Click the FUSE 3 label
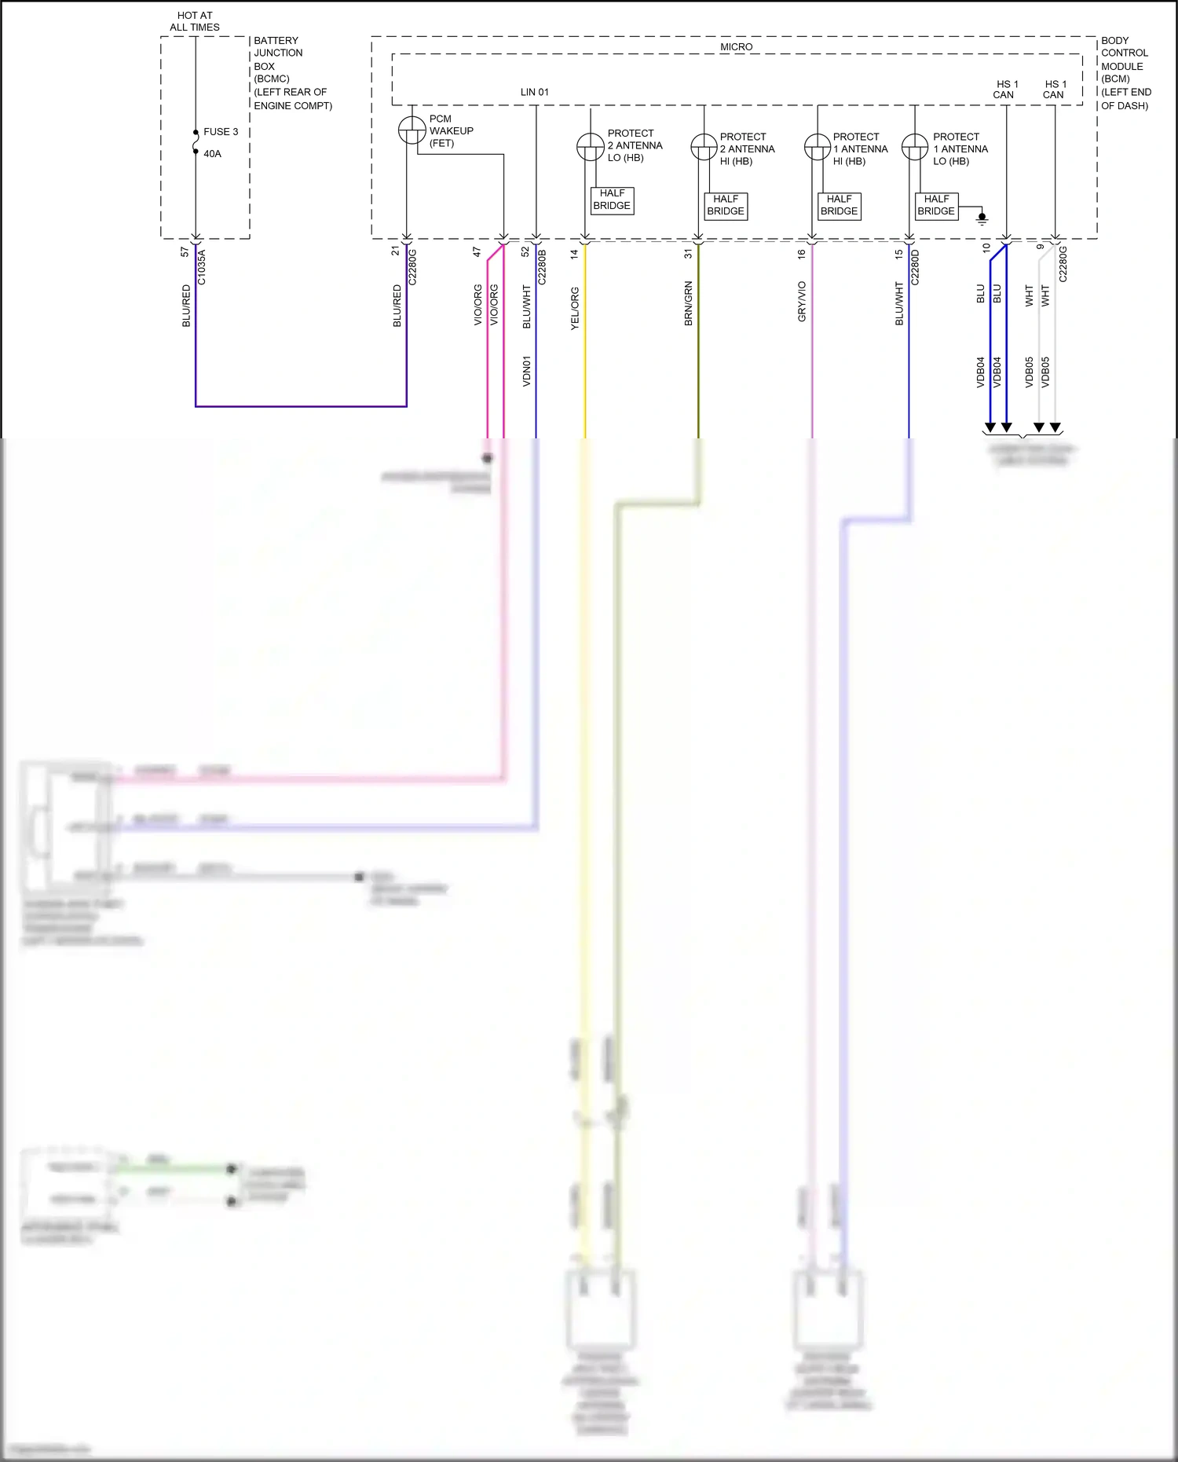pyautogui.click(x=221, y=132)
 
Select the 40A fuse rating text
pyautogui.click(x=212, y=154)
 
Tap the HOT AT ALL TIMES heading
pyautogui.click(x=195, y=21)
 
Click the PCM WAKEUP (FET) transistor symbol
pyautogui.click(x=412, y=130)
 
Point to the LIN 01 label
pyautogui.click(x=534, y=92)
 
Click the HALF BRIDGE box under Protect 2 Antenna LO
pyautogui.click(x=612, y=200)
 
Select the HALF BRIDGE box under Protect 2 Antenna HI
pyautogui.click(x=726, y=205)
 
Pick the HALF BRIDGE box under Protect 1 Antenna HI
pyautogui.click(x=839, y=205)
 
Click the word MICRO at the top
pyautogui.click(x=736, y=47)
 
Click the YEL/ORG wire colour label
pyautogui.click(x=575, y=308)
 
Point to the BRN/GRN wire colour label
pyautogui.click(x=689, y=303)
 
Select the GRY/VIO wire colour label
pyautogui.click(x=802, y=302)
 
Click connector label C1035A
pyautogui.click(x=201, y=267)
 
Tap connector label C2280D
pyautogui.click(x=915, y=267)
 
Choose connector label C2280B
pyautogui.click(x=542, y=267)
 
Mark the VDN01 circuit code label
pyautogui.click(x=527, y=371)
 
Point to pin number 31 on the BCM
pyautogui.click(x=689, y=254)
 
